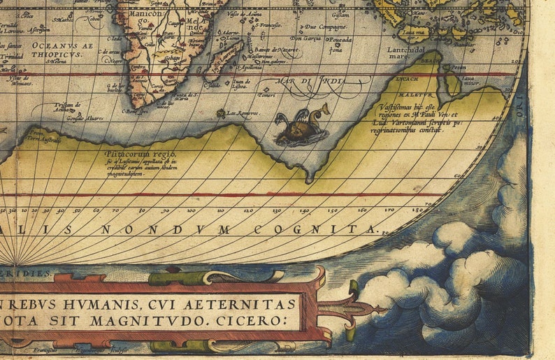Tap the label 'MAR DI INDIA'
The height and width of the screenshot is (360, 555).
point(312,82)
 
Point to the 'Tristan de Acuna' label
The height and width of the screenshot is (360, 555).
point(68,106)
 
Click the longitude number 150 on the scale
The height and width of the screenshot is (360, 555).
point(332,210)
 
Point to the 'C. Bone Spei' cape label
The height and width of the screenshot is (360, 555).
point(136,110)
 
